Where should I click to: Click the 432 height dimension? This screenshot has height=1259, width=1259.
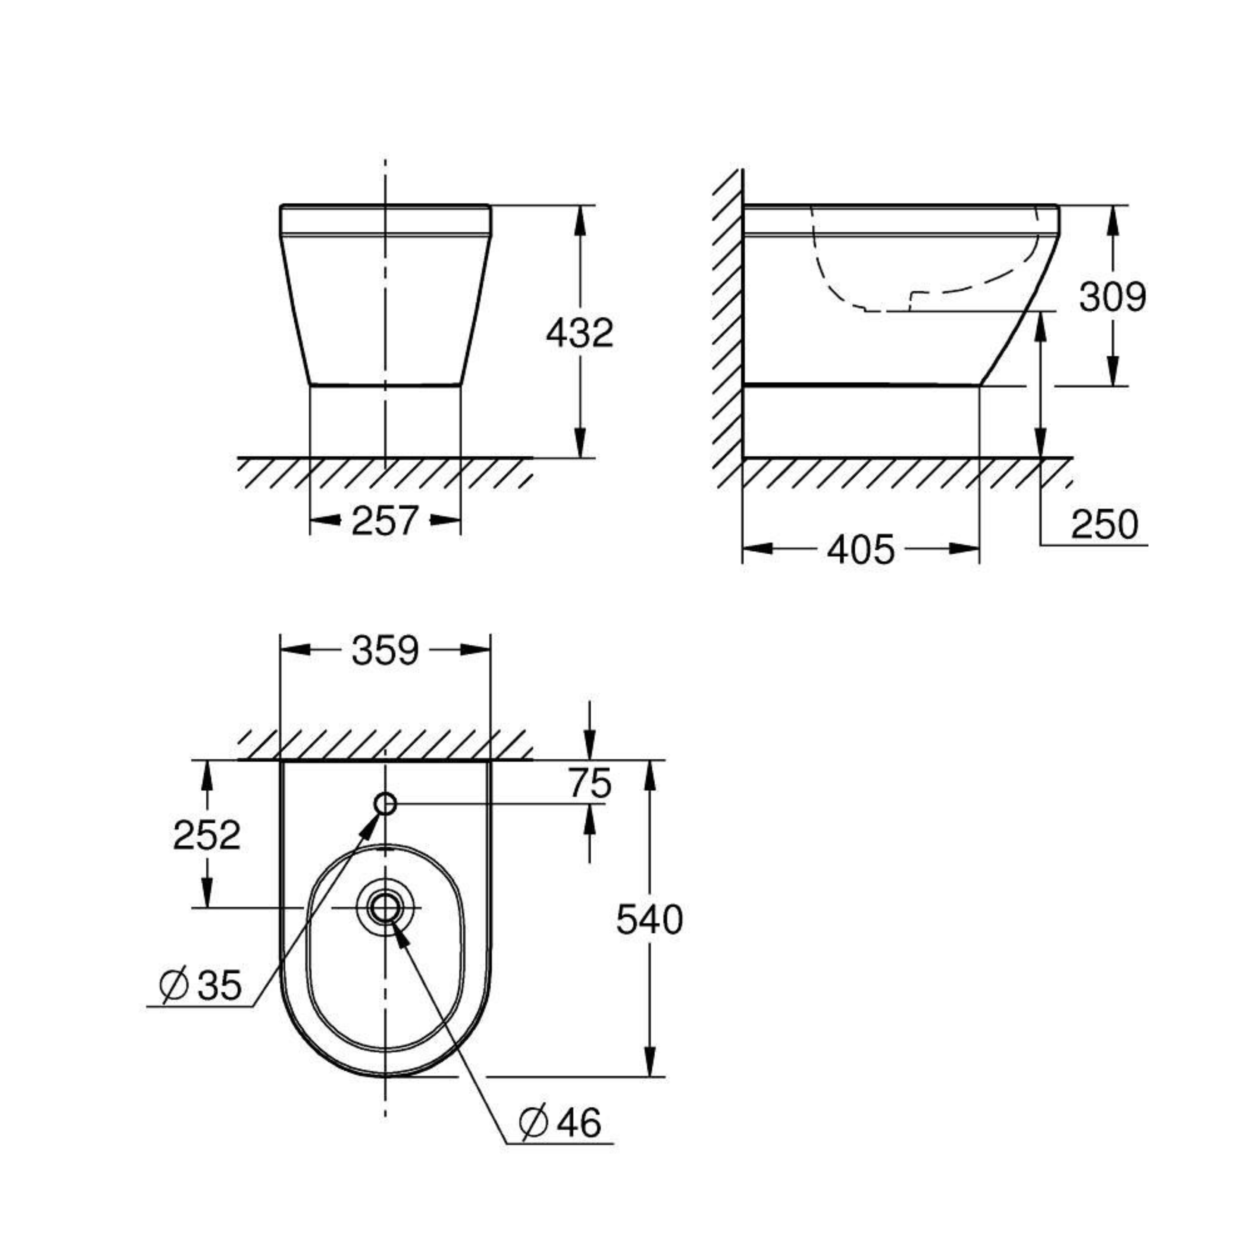click(579, 333)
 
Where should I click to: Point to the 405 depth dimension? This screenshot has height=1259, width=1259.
click(861, 549)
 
